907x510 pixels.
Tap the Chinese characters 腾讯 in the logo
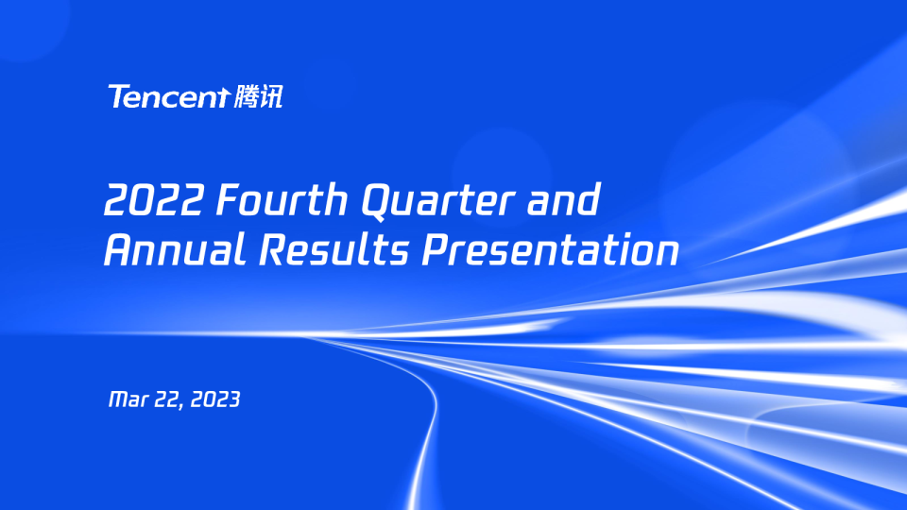[257, 96]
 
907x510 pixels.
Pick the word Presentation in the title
[550, 251]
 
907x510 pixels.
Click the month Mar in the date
[128, 399]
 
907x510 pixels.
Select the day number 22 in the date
[168, 399]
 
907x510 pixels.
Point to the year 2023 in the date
[215, 399]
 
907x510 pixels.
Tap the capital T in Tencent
[118, 96]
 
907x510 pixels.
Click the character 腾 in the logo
[244, 96]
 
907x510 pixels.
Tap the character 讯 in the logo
[270, 96]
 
